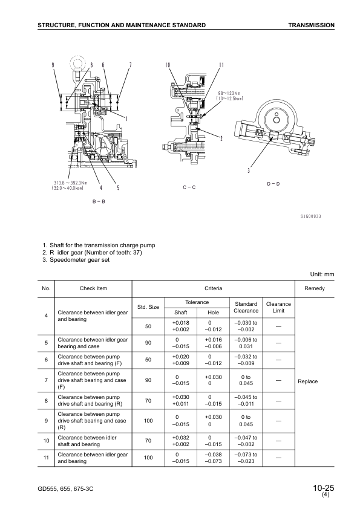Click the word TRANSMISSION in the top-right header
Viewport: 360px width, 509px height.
click(x=311, y=25)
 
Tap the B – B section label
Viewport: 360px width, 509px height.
click(x=99, y=201)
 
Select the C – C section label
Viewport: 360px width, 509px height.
click(x=189, y=187)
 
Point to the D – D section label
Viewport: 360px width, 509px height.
click(x=273, y=184)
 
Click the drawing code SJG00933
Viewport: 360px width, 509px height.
click(x=310, y=216)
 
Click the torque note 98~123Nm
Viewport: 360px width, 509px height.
click(x=229, y=94)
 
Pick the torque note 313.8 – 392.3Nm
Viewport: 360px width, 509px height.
click(x=70, y=183)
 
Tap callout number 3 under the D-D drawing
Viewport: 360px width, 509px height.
click(x=249, y=170)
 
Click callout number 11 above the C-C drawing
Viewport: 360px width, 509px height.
click(x=221, y=65)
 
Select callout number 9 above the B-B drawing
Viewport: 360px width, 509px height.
click(x=53, y=65)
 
